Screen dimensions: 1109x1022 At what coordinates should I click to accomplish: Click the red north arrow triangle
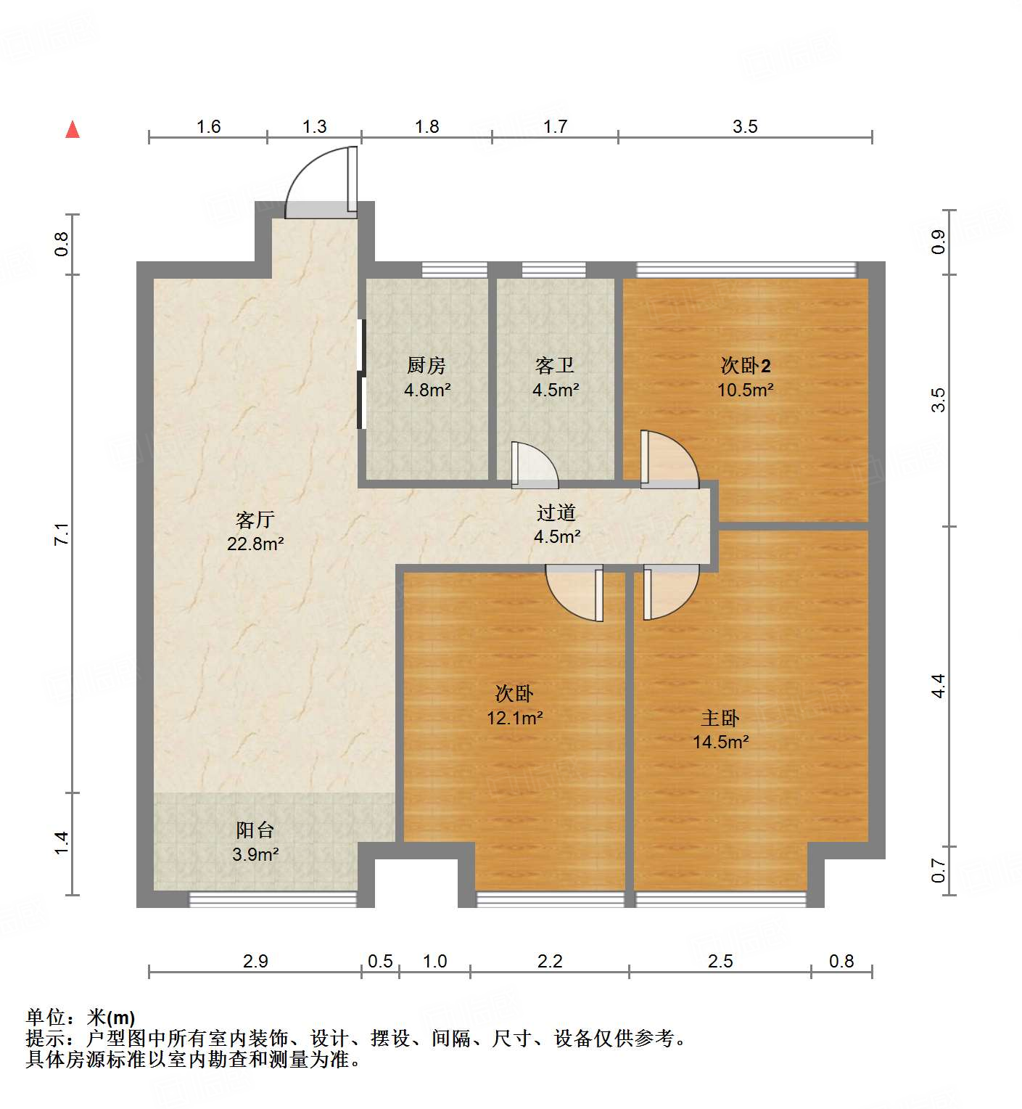tap(73, 130)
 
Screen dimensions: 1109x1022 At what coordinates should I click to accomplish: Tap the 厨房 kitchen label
tap(426, 364)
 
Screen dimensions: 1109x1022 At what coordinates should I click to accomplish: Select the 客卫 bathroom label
tap(555, 364)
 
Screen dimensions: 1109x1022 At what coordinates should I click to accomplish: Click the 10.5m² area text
tap(745, 390)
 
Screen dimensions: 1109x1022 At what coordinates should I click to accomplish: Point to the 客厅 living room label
tap(255, 520)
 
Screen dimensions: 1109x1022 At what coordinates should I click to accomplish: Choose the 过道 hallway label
tap(556, 513)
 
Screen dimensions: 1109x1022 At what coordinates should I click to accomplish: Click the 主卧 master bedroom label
tap(720, 718)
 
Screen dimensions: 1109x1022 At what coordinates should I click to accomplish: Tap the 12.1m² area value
tap(515, 719)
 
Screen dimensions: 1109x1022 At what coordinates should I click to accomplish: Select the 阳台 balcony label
tap(255, 830)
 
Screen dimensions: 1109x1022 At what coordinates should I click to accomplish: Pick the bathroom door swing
tap(535, 465)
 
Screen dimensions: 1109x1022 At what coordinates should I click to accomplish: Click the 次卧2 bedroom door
tap(669, 459)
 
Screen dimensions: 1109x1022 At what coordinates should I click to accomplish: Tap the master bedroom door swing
tap(669, 592)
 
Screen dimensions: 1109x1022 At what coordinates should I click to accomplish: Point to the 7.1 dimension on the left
tap(62, 534)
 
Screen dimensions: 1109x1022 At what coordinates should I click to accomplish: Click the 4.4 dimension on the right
tap(939, 686)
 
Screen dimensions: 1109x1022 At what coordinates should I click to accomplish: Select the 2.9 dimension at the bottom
tap(255, 962)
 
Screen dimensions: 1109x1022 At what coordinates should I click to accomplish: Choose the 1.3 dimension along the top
tap(314, 127)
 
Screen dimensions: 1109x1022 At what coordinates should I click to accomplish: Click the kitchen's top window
tap(455, 269)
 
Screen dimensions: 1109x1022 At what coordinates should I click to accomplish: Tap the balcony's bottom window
tap(273, 899)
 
